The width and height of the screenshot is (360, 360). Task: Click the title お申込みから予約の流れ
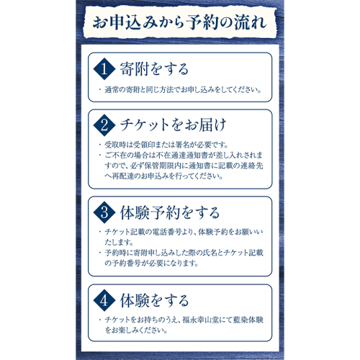coord(180,23)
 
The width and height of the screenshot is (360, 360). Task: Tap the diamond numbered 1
coord(104,69)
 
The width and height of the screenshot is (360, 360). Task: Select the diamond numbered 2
coord(104,125)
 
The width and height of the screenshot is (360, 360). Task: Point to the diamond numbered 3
coord(104,212)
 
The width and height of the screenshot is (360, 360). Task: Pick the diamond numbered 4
coord(104,300)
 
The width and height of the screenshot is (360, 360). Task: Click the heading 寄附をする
coord(154,69)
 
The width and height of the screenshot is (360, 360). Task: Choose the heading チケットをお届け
coord(173,125)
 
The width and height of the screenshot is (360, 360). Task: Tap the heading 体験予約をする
coord(170,212)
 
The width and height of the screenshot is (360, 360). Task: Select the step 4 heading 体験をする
coord(154,300)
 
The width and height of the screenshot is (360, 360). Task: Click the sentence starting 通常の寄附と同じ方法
coord(183,90)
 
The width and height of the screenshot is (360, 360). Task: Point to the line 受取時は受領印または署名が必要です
coord(166,145)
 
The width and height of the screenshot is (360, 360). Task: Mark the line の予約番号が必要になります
coord(151,264)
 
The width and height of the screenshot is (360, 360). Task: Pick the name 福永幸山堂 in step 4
coord(200,320)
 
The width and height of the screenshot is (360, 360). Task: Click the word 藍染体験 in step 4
coord(248,320)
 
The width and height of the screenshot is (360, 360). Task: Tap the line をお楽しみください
coord(136,330)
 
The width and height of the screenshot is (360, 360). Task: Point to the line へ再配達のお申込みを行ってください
coord(164,176)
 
